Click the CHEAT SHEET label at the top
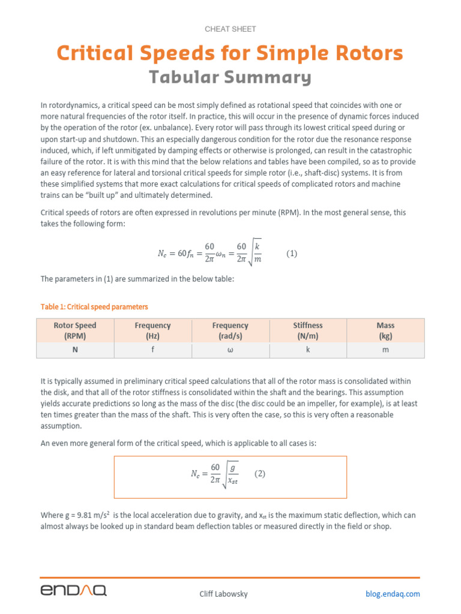click(x=230, y=29)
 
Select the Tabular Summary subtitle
click(x=230, y=77)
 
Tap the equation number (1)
click(x=292, y=254)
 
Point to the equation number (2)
click(x=259, y=474)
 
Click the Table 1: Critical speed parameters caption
click(x=94, y=306)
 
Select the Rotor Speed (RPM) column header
click(x=75, y=330)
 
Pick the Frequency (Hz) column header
click(x=152, y=330)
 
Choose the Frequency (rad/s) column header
click(x=230, y=330)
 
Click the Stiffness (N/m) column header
click(x=308, y=330)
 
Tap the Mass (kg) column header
click(x=385, y=330)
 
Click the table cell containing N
click(x=75, y=350)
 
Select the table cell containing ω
click(x=230, y=350)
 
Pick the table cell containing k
click(x=308, y=350)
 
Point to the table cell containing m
click(x=385, y=350)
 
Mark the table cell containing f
click(x=152, y=350)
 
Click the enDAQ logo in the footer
click(x=74, y=591)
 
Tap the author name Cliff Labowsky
click(x=223, y=594)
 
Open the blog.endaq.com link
click(x=393, y=594)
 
